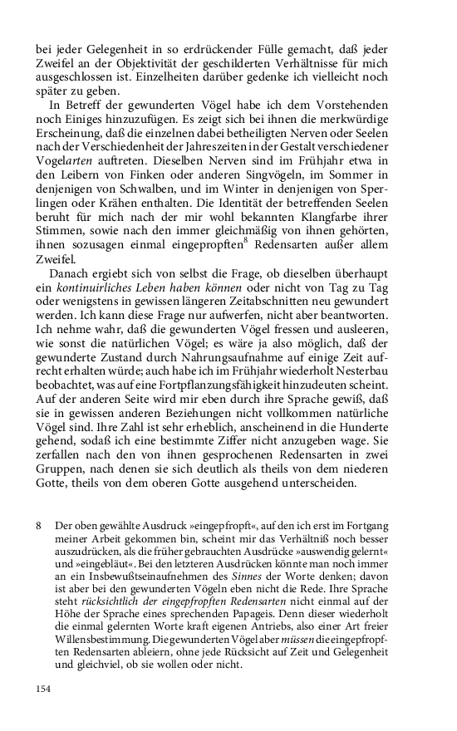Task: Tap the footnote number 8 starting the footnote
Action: coord(39,527)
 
